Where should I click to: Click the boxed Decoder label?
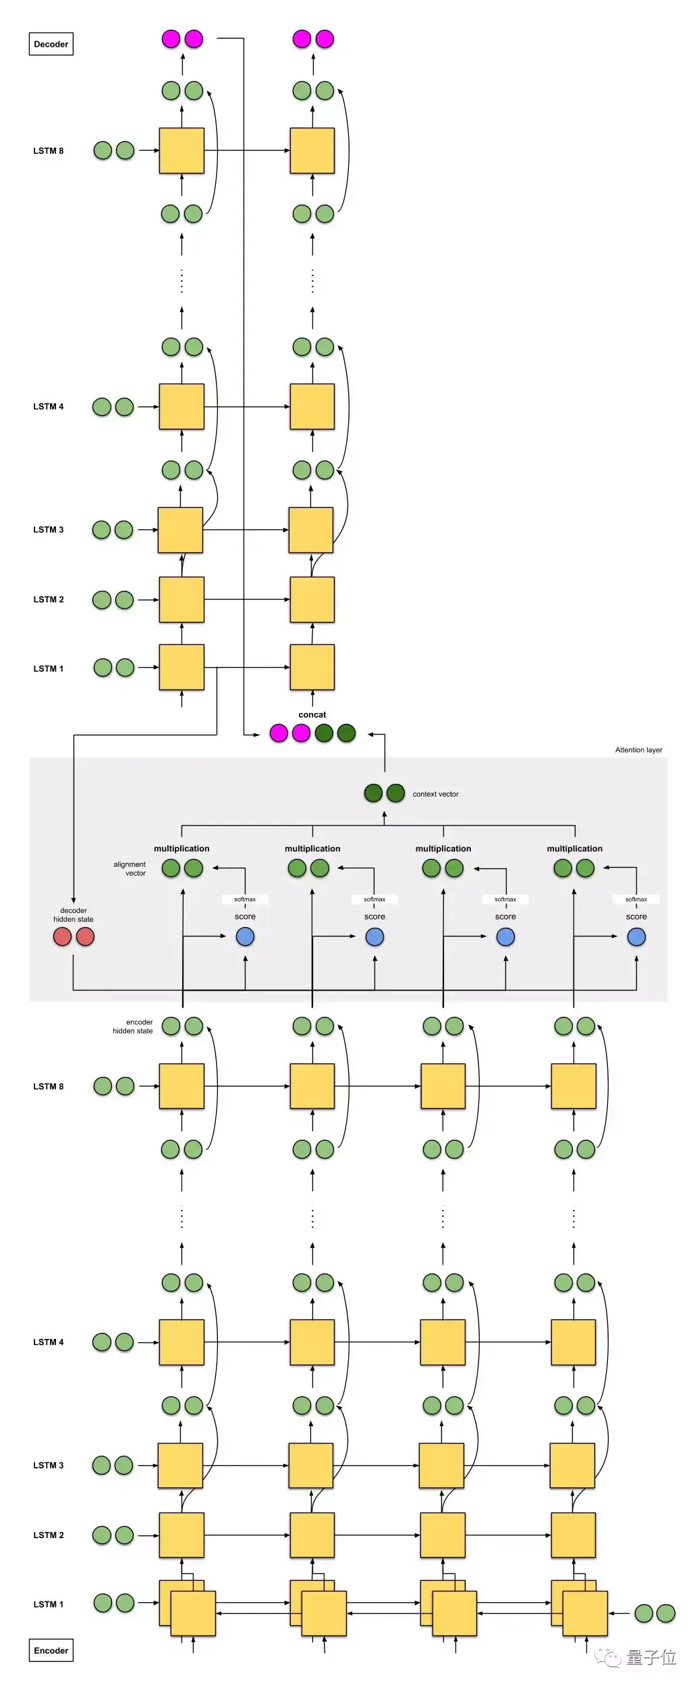[x=51, y=45]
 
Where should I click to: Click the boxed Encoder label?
[x=51, y=1650]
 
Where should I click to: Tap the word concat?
[x=312, y=714]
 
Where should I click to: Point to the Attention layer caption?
[x=638, y=749]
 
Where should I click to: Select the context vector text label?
[x=435, y=794]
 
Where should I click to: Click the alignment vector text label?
[x=130, y=868]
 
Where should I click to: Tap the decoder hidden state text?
[x=74, y=915]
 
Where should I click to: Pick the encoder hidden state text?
[x=133, y=1026]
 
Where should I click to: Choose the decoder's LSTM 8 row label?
[x=49, y=151]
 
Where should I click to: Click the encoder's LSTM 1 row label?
[x=49, y=1604]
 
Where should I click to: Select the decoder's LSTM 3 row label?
[x=49, y=529]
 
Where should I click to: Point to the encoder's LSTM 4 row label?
[x=49, y=1342]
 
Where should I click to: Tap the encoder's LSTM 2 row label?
[x=49, y=1535]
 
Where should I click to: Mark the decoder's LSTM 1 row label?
[x=49, y=668]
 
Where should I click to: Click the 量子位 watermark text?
[x=650, y=1657]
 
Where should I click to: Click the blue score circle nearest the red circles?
[x=245, y=937]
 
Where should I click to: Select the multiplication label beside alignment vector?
[x=181, y=849]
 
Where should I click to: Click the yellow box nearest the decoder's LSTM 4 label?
[x=181, y=406]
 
